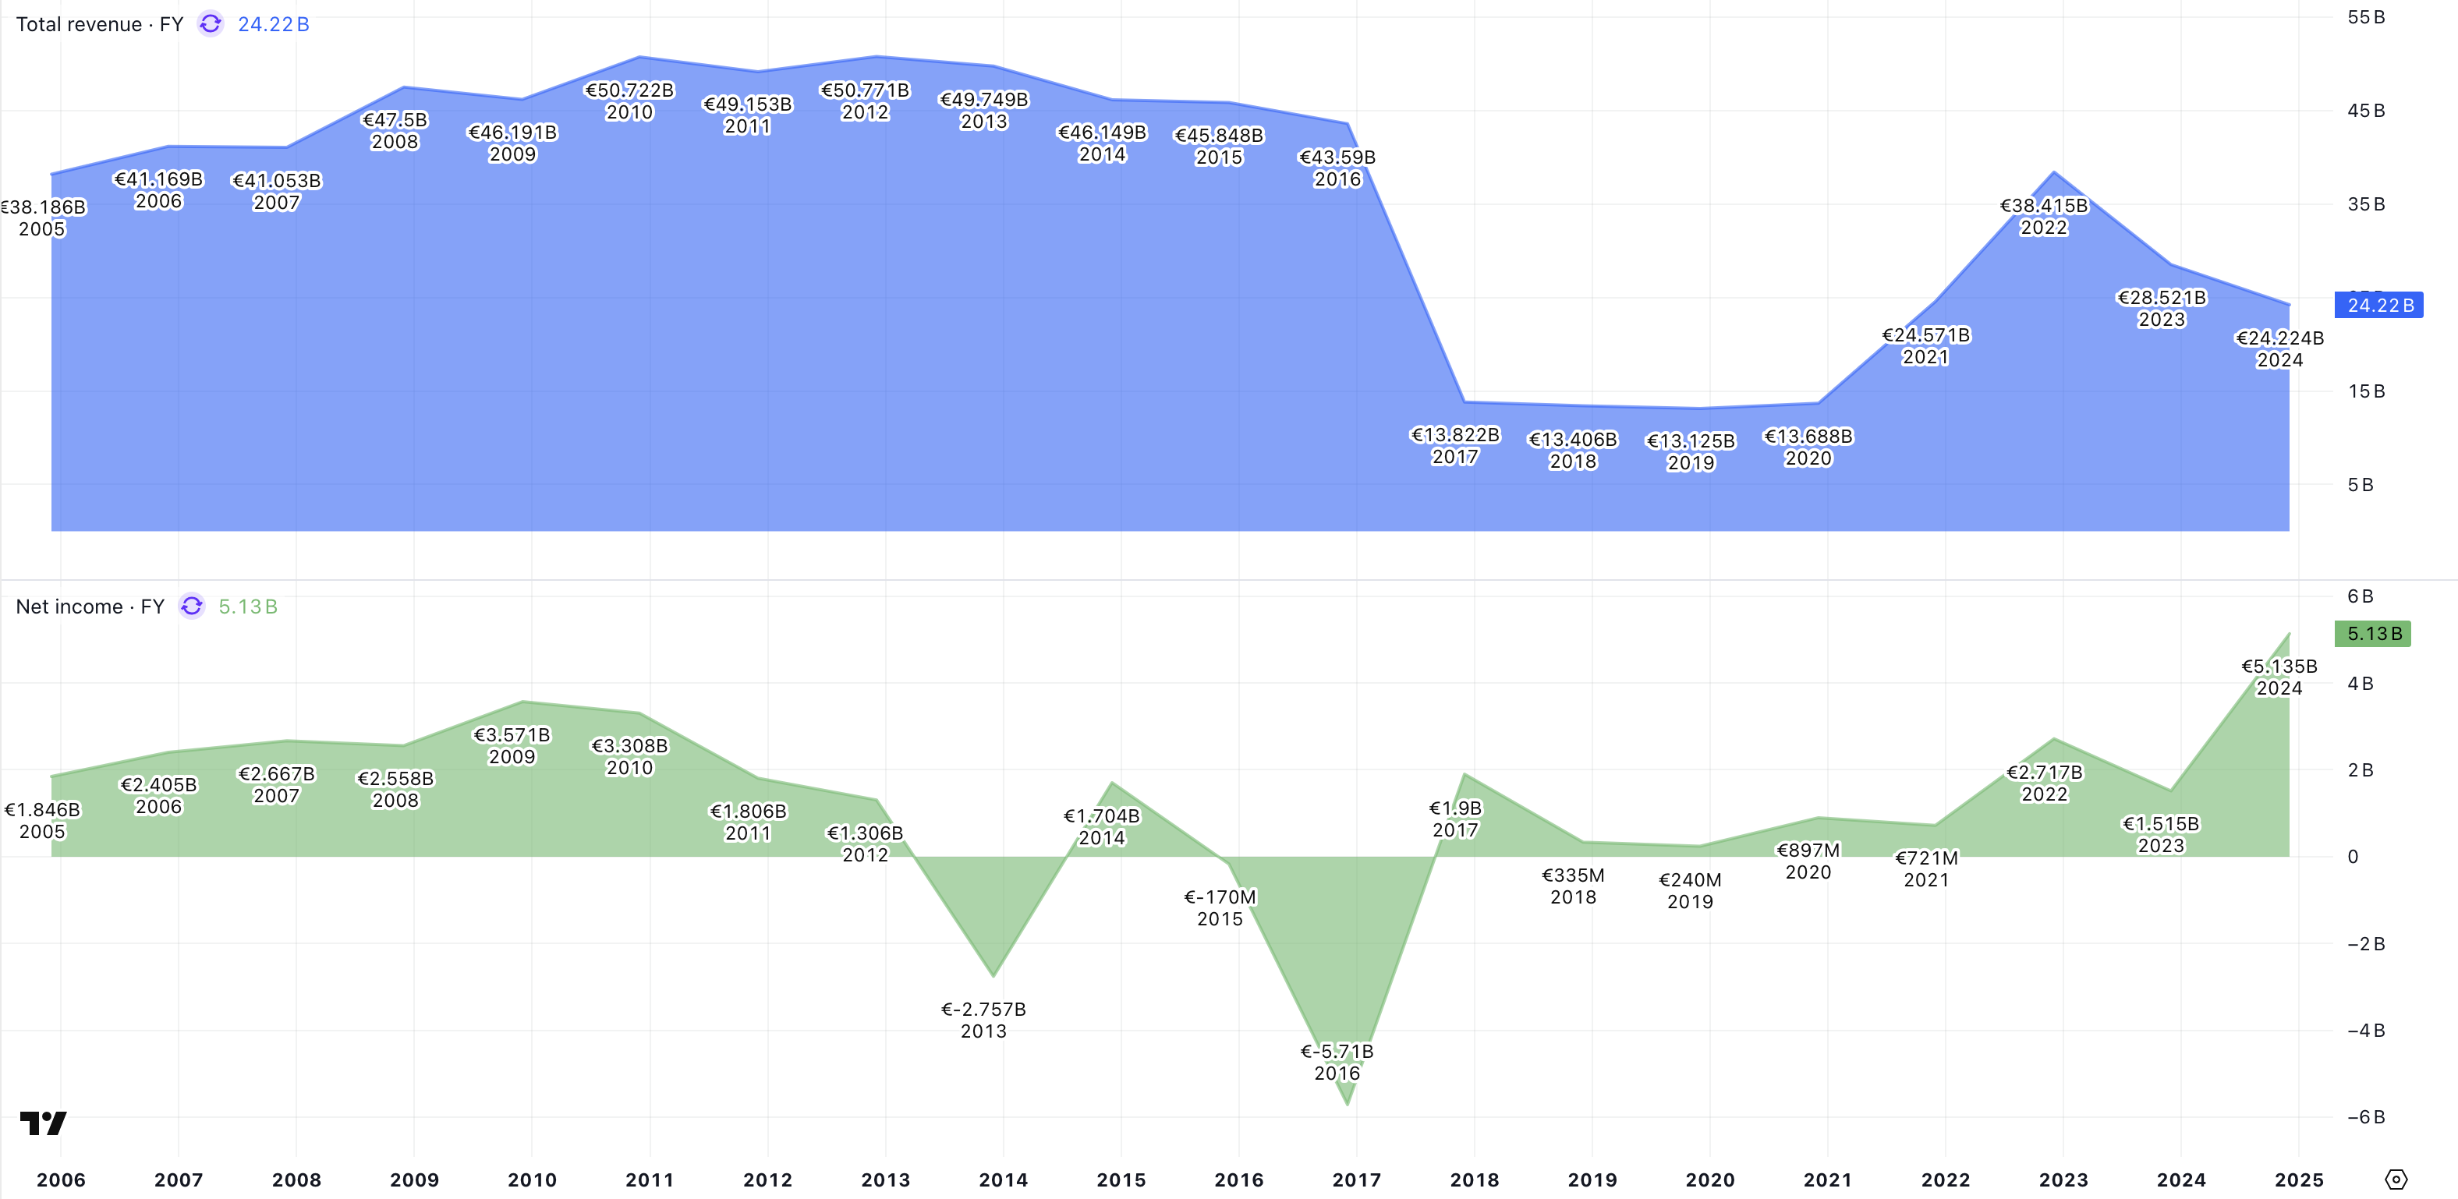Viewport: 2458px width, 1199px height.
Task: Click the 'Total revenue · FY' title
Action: coord(99,24)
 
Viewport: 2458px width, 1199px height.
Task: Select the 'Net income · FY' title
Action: coord(90,607)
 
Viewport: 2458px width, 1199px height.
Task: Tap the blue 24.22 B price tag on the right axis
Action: coord(2378,306)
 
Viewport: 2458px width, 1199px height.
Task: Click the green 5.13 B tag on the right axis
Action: coord(2373,633)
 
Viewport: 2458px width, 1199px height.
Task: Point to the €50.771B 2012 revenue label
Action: coord(866,101)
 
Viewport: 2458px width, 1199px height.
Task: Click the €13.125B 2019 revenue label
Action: coord(1690,451)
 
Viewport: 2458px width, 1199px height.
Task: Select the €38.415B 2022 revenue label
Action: coord(2044,217)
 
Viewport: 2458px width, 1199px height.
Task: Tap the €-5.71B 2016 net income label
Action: coord(1337,1062)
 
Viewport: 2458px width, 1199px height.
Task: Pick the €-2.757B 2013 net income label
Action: coord(983,1020)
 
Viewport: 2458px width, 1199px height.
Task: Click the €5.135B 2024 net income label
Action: coord(2279,676)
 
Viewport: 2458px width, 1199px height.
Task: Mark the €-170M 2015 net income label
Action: coord(1220,907)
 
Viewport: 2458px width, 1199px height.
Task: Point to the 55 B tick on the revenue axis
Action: coord(2365,17)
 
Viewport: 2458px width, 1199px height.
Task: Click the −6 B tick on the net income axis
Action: coord(2365,1117)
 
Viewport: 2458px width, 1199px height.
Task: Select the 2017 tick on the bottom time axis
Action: coord(1356,1180)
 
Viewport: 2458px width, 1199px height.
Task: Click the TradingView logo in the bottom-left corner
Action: coord(43,1123)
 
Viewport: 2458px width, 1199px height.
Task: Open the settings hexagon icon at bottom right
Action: coord(2396,1180)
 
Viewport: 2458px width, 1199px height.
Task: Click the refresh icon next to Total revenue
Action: coord(210,24)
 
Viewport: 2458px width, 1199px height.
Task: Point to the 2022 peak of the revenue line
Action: coord(2054,172)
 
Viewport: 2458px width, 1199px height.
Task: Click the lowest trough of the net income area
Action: coord(1348,1105)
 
